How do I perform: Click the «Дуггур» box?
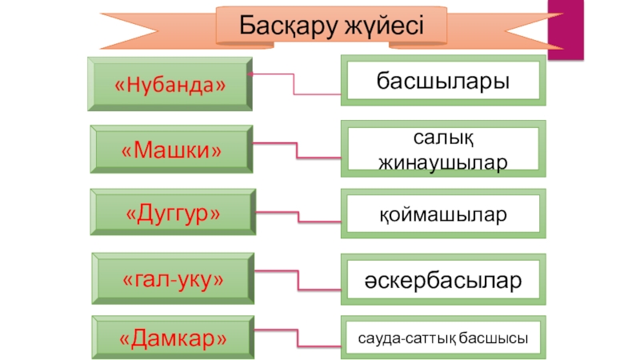[x=173, y=214]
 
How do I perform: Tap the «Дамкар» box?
[x=173, y=339]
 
